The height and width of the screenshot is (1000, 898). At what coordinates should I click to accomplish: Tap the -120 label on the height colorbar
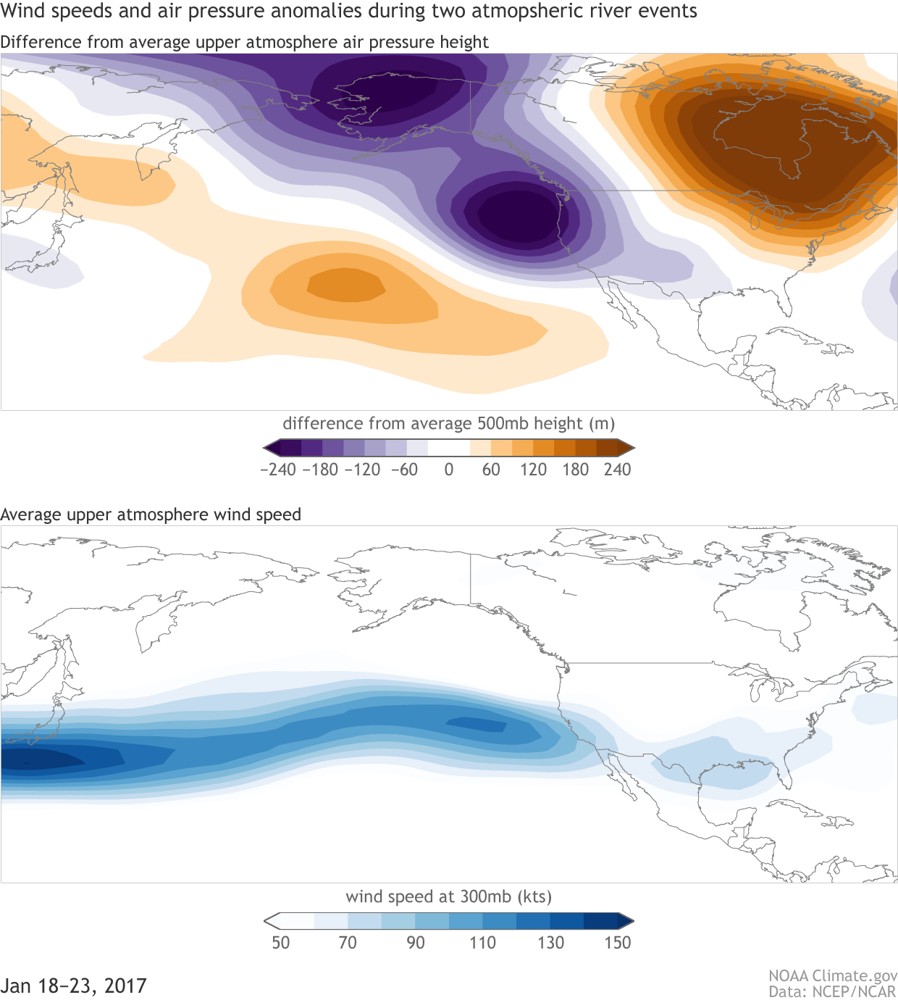[362, 470]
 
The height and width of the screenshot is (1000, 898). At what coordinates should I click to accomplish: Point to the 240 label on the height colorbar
[617, 470]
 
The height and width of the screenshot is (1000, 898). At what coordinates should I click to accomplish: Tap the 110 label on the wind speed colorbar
[482, 943]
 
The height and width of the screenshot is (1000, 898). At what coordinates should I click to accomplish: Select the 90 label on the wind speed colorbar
[416, 943]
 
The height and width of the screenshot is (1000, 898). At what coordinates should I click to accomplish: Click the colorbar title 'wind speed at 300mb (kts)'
[449, 896]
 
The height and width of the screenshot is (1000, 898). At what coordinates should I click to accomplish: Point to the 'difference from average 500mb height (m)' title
[449, 423]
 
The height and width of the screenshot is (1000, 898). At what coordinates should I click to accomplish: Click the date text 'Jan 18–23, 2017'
[74, 986]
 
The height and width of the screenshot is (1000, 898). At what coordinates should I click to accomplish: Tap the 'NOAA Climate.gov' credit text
[833, 976]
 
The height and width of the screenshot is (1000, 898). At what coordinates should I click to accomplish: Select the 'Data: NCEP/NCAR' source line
[833, 991]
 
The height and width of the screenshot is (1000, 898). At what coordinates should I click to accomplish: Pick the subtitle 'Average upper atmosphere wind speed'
[151, 514]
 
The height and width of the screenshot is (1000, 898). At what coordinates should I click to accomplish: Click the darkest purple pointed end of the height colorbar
[269, 448]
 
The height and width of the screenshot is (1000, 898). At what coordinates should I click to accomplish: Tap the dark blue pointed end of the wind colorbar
[627, 921]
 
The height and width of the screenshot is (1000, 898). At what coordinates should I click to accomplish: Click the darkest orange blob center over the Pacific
[346, 285]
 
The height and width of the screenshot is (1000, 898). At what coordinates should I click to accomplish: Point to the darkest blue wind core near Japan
[36, 759]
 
